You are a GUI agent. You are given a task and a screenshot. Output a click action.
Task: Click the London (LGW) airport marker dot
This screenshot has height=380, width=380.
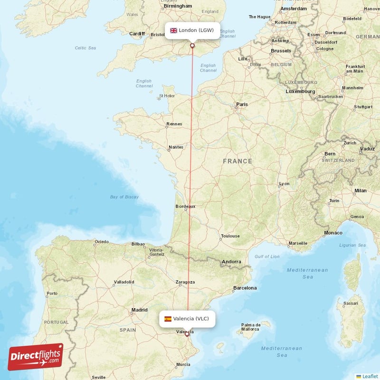192,46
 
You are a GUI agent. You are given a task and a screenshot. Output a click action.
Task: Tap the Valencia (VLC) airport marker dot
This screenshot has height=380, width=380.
187,334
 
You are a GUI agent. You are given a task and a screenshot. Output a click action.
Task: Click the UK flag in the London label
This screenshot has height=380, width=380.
173,30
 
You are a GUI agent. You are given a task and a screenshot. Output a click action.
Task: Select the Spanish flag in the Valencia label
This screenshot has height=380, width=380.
168,319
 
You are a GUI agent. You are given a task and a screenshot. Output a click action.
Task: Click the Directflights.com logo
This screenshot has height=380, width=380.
35,357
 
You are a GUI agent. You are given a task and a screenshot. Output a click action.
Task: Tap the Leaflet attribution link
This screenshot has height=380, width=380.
368,376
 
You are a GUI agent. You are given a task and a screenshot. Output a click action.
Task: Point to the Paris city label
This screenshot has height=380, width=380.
242,104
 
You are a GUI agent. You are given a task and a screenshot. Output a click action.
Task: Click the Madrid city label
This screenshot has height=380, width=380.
139,310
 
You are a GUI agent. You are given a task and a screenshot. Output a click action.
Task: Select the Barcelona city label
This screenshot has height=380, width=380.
245,288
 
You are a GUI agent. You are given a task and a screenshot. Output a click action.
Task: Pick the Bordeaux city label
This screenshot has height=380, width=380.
185,206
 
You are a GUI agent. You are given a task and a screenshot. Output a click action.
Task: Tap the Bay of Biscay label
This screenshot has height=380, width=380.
124,197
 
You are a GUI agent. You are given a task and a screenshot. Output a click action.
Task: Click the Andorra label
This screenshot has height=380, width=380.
232,261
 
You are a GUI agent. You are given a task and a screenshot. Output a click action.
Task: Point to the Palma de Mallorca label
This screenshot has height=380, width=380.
250,327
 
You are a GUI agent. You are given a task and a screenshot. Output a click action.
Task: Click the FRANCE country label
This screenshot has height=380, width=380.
237,161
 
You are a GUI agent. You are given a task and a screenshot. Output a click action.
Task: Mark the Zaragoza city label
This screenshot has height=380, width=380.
185,282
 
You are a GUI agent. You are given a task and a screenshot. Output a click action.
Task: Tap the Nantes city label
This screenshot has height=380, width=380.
176,147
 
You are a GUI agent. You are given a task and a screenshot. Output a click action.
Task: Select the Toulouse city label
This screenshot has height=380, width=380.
230,236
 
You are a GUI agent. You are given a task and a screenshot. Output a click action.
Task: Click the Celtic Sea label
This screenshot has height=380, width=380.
85,48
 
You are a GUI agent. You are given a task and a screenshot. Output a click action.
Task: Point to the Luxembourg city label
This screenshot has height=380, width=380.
300,91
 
